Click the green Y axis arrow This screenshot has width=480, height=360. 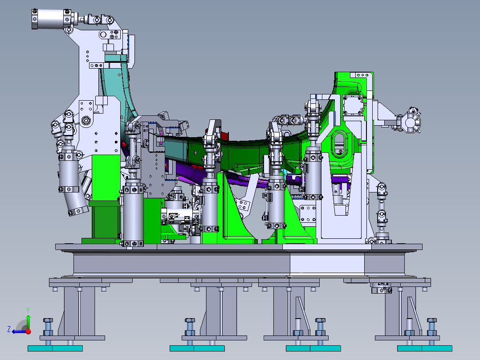28,319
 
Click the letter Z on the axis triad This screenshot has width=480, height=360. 9,329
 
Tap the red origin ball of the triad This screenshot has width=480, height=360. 28,331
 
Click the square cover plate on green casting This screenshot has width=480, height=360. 354,105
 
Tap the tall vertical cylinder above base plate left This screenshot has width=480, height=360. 133,214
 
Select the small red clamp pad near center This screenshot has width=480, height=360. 224,135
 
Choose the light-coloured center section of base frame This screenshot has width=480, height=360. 327,265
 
